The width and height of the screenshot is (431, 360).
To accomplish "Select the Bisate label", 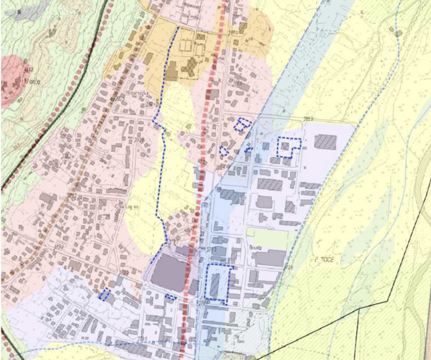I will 256,246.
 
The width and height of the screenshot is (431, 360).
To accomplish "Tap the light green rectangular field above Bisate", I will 267,237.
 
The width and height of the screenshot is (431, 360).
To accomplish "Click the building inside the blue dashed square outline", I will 287,147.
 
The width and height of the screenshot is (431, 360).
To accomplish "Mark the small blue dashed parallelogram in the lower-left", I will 105,295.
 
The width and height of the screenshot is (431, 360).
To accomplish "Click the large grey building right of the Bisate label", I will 269,257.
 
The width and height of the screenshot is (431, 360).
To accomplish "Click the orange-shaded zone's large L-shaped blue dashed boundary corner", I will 177,28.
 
